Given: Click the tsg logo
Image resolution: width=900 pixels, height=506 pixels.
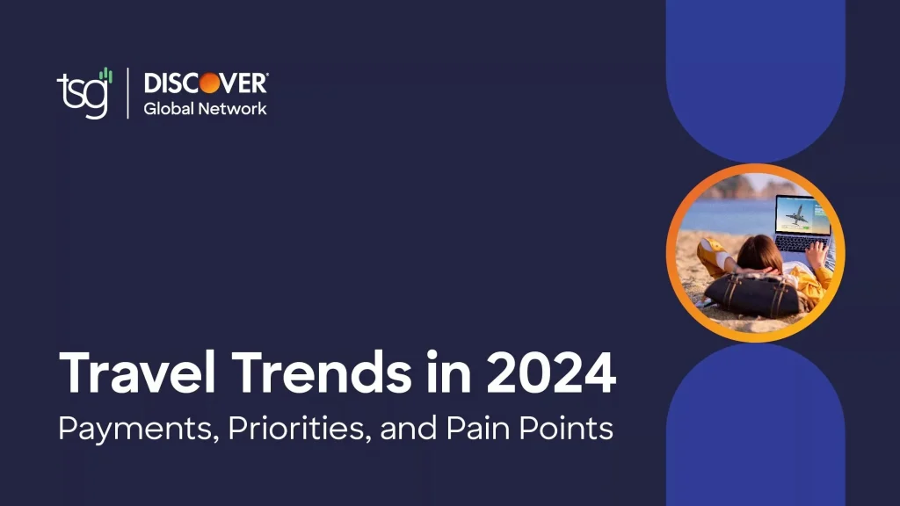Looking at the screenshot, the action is click(84, 93).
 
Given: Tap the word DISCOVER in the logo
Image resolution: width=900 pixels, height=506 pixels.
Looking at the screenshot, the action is click(206, 83).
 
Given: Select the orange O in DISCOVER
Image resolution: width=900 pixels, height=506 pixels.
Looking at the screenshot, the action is click(209, 83).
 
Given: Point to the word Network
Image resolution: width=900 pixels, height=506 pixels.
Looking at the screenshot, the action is click(232, 108).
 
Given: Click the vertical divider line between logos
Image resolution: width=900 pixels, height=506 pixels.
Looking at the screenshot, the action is click(127, 93).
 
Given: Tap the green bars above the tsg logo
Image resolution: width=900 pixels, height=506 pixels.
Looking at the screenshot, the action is click(105, 76).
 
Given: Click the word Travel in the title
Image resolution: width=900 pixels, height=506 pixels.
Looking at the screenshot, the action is click(137, 372).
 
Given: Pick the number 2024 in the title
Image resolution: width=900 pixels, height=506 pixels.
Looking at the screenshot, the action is click(552, 372).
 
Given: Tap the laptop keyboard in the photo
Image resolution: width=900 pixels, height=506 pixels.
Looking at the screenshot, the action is click(800, 244).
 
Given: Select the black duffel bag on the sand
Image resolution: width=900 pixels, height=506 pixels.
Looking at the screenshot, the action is click(752, 294).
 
